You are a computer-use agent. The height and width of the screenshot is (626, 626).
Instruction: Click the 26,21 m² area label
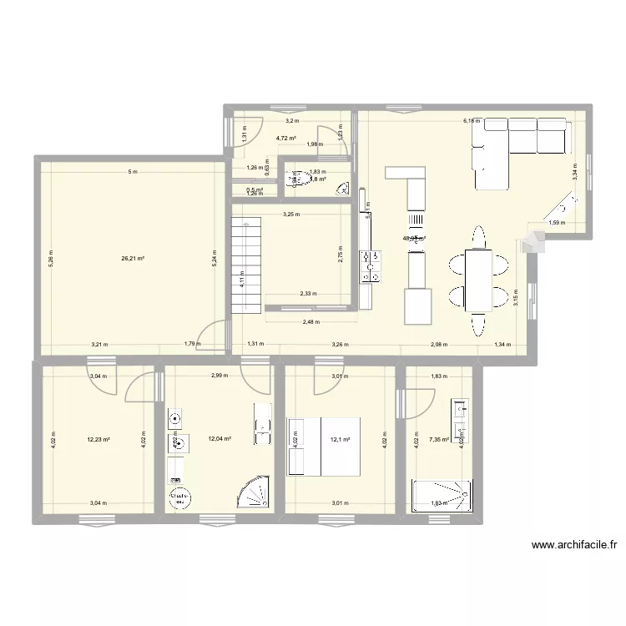133,259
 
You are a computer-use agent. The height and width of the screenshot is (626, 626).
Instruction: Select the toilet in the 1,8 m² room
294,179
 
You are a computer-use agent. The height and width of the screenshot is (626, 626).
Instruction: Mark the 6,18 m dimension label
472,121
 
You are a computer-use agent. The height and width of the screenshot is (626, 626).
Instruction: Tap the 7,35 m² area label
438,439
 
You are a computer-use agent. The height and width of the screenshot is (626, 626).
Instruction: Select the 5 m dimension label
131,172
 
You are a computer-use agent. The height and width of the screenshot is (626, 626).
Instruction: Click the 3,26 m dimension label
340,344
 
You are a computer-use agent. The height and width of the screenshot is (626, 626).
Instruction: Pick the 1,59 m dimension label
555,223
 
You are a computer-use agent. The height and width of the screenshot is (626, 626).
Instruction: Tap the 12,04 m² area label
220,439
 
